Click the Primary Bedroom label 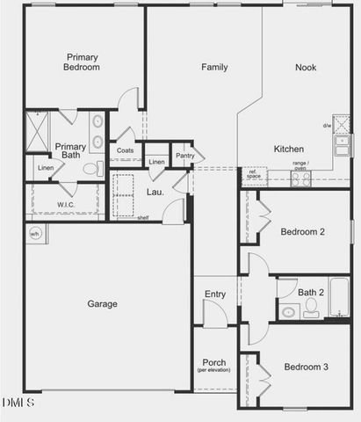coord(82,63)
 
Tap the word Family coord(215,67)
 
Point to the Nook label coord(306,67)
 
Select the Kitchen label coord(289,149)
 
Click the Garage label coord(102,304)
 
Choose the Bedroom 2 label coord(303,232)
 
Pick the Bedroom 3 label coord(306,367)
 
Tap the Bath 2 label coord(312,292)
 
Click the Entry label coord(214,295)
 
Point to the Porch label coord(214,363)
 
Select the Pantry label coord(184,156)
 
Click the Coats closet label coord(125,150)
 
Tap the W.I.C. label coord(67,206)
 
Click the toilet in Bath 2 coord(311,308)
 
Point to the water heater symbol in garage coord(35,233)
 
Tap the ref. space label coord(254,174)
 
